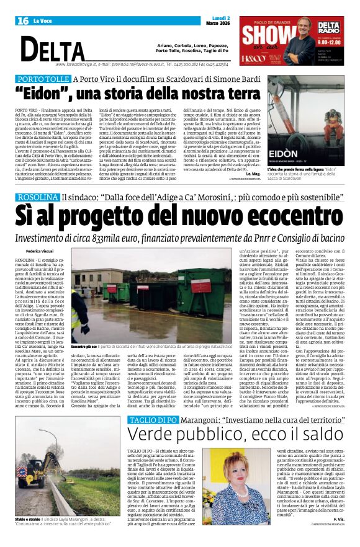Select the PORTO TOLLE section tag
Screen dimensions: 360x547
point(43,79)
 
